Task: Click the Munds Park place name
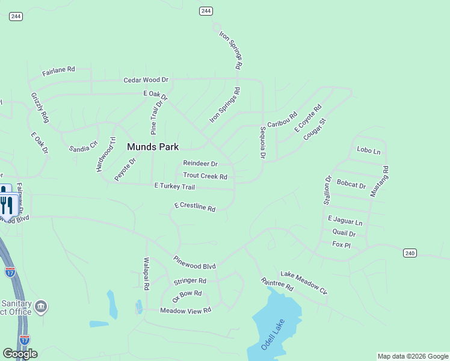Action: [153, 147]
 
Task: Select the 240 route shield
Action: [409, 253]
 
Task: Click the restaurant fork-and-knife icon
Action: [7, 205]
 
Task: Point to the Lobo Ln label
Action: [369, 150]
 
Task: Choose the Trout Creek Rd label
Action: [205, 176]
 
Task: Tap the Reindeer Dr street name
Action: [200, 164]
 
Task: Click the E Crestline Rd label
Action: [195, 207]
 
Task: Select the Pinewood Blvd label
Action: [194, 262]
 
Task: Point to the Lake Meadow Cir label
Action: [304, 283]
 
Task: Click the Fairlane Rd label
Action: [58, 71]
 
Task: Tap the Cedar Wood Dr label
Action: [146, 79]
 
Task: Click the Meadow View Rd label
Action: [186, 310]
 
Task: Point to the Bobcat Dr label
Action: [351, 184]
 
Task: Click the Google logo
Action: [20, 354]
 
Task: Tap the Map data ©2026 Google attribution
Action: [413, 356]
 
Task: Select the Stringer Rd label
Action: [190, 281]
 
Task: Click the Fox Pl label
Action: [341, 244]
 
